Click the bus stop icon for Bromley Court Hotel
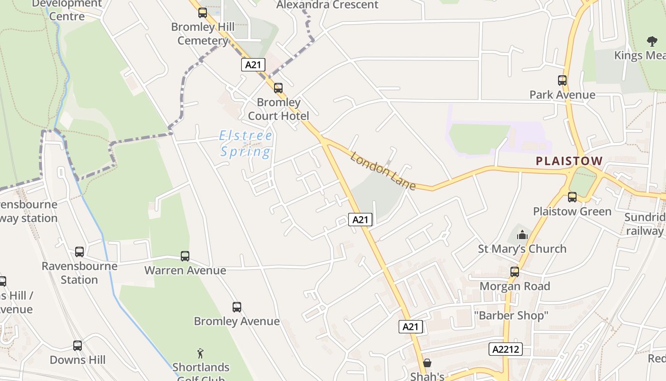[x=278, y=88]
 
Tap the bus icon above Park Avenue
[x=562, y=80]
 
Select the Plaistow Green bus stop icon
[x=572, y=197]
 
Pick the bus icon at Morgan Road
[x=515, y=272]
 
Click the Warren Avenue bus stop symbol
[x=185, y=256]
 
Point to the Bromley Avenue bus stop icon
[x=237, y=307]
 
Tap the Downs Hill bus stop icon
[x=78, y=346]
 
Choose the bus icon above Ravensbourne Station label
[x=79, y=252]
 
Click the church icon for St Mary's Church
[x=522, y=234]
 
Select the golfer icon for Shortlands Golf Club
[x=201, y=353]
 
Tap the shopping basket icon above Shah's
[x=427, y=363]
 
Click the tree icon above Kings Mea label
[x=652, y=41]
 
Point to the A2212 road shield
[x=506, y=349]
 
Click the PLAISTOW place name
[x=569, y=161]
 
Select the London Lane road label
[x=383, y=170]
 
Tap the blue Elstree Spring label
[x=246, y=144]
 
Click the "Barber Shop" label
[x=511, y=315]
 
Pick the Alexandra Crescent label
[x=327, y=5]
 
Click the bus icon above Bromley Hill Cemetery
[x=203, y=13]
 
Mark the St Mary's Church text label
[x=522, y=249]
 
